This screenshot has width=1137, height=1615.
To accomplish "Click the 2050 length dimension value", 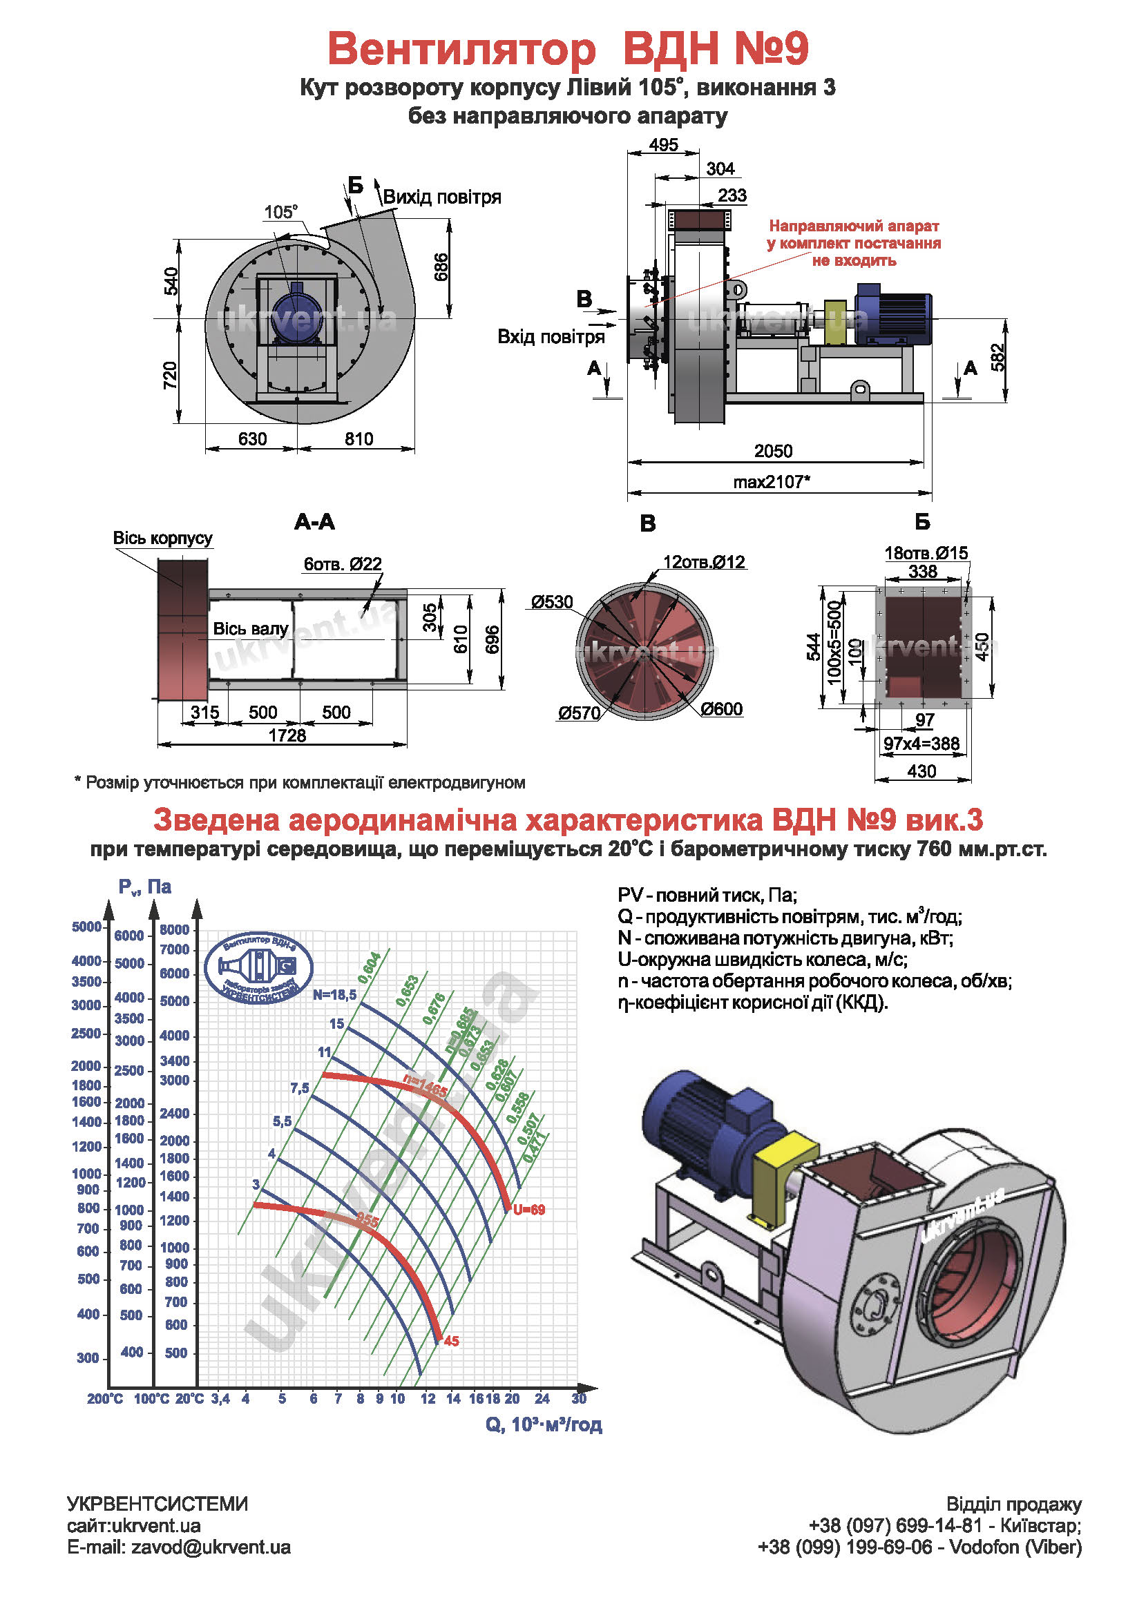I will click(772, 451).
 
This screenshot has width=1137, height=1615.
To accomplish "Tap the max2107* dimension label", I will click(772, 482).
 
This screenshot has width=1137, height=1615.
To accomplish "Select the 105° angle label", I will click(280, 212).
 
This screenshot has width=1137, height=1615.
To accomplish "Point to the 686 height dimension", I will click(441, 267).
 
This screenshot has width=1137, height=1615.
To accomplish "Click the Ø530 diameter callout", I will click(552, 602).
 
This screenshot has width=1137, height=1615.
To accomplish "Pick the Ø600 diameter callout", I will click(721, 709).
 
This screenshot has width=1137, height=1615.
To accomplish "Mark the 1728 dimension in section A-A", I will click(287, 736).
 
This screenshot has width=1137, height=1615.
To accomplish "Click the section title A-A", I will click(314, 522).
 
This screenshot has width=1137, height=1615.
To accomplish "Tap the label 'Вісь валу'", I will click(251, 629).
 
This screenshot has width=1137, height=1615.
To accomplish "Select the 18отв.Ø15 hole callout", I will click(926, 553).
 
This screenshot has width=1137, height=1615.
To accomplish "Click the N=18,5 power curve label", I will click(335, 994).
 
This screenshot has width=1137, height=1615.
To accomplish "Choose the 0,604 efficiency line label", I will click(370, 968).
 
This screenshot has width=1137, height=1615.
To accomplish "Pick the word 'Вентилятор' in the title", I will click(461, 49).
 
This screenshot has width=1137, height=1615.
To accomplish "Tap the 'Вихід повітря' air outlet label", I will click(442, 197).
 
